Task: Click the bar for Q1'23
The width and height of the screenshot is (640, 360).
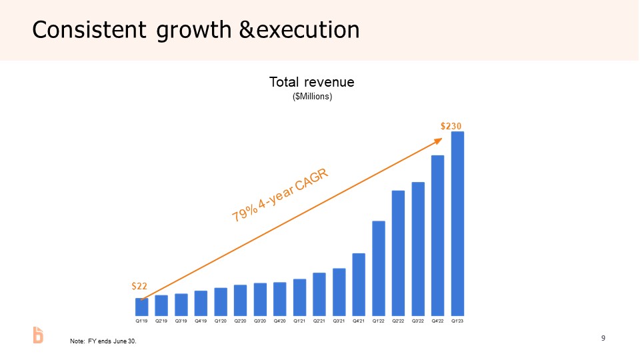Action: point(457,223)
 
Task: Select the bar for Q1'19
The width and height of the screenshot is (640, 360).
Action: point(141,307)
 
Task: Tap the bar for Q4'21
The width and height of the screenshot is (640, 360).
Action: point(359,284)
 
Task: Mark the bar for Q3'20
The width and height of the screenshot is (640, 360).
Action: point(260,299)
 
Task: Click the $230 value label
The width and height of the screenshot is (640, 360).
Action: point(451,125)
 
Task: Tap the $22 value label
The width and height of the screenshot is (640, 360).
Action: point(139,286)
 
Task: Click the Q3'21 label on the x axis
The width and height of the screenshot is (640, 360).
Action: point(339,321)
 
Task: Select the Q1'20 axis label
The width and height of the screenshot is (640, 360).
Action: point(221,321)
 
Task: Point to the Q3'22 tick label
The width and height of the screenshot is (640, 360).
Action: point(418,321)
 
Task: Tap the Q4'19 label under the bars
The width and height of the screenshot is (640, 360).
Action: point(201,321)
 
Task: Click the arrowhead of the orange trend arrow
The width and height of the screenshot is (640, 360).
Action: point(439,140)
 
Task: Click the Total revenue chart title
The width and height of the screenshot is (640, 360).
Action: point(311,82)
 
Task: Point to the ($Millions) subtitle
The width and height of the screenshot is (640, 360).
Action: point(312,97)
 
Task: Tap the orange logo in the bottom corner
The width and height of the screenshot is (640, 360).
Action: point(39,335)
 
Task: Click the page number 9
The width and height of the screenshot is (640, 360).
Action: point(603,339)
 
